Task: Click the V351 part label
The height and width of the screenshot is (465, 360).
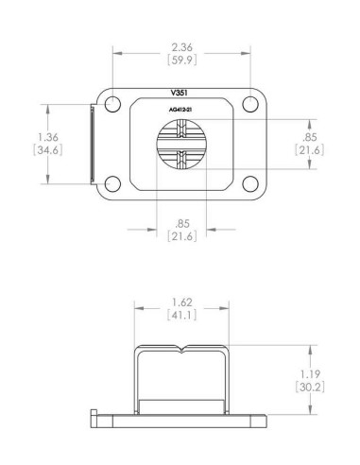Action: coord(180,94)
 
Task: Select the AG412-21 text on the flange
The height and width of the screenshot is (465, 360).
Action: coord(180,110)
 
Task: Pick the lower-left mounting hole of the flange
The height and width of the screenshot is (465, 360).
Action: coord(113,183)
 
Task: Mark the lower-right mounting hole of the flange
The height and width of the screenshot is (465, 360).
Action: coord(249,183)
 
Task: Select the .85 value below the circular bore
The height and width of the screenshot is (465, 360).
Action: coord(181,223)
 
